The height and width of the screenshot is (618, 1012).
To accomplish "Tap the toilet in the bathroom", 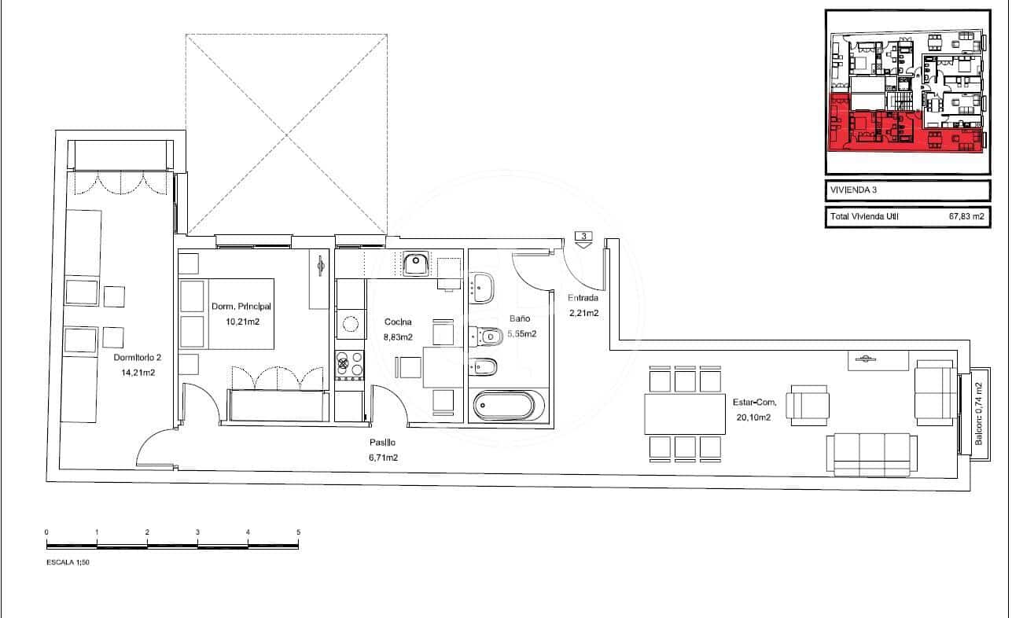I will coord(487,337).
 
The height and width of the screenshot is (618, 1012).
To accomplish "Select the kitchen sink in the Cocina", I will coord(415,264).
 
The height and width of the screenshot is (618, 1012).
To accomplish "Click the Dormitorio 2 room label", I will coord(137,358).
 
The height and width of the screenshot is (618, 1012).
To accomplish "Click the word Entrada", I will coord(583,298).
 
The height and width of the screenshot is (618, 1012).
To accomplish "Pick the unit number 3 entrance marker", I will coord(583,235).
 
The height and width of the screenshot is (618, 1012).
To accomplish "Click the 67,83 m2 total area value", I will coord(965,216).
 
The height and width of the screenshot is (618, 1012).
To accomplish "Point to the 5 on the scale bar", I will coord(298,532).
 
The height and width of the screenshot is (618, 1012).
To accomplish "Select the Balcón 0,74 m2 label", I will coord(979,414).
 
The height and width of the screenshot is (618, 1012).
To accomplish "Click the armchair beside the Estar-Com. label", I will coord(808,405).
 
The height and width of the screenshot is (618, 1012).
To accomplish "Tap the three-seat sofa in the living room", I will coord(870,454).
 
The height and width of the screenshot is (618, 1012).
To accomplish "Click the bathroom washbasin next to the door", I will coord(481,287).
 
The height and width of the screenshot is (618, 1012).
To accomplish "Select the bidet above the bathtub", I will coord(485,366).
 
